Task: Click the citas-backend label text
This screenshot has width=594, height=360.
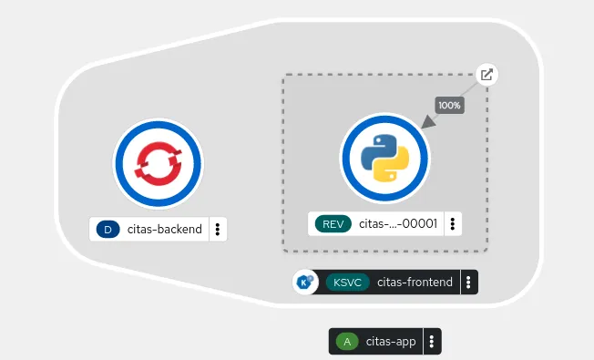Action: pos(165,230)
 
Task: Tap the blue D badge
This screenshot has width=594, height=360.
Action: pos(108,230)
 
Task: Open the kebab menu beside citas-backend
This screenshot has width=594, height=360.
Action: pos(218,230)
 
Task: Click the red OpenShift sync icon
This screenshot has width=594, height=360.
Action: pos(157,163)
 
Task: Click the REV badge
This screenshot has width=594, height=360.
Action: pos(332,224)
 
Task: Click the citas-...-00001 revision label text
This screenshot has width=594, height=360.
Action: pos(398,224)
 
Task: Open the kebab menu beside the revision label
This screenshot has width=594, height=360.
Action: pos(454,224)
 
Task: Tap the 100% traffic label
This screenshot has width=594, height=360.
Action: pos(449,105)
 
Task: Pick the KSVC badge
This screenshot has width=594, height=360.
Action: pos(347,283)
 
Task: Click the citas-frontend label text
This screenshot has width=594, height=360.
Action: pos(415,283)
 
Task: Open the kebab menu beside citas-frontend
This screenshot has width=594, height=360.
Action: pos(467,283)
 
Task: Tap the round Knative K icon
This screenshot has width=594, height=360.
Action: pos(304,283)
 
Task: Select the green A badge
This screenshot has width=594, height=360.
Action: pos(346,342)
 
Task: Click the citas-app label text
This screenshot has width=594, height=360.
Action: pos(391,342)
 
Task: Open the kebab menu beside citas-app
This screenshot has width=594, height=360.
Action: pos(431,342)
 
